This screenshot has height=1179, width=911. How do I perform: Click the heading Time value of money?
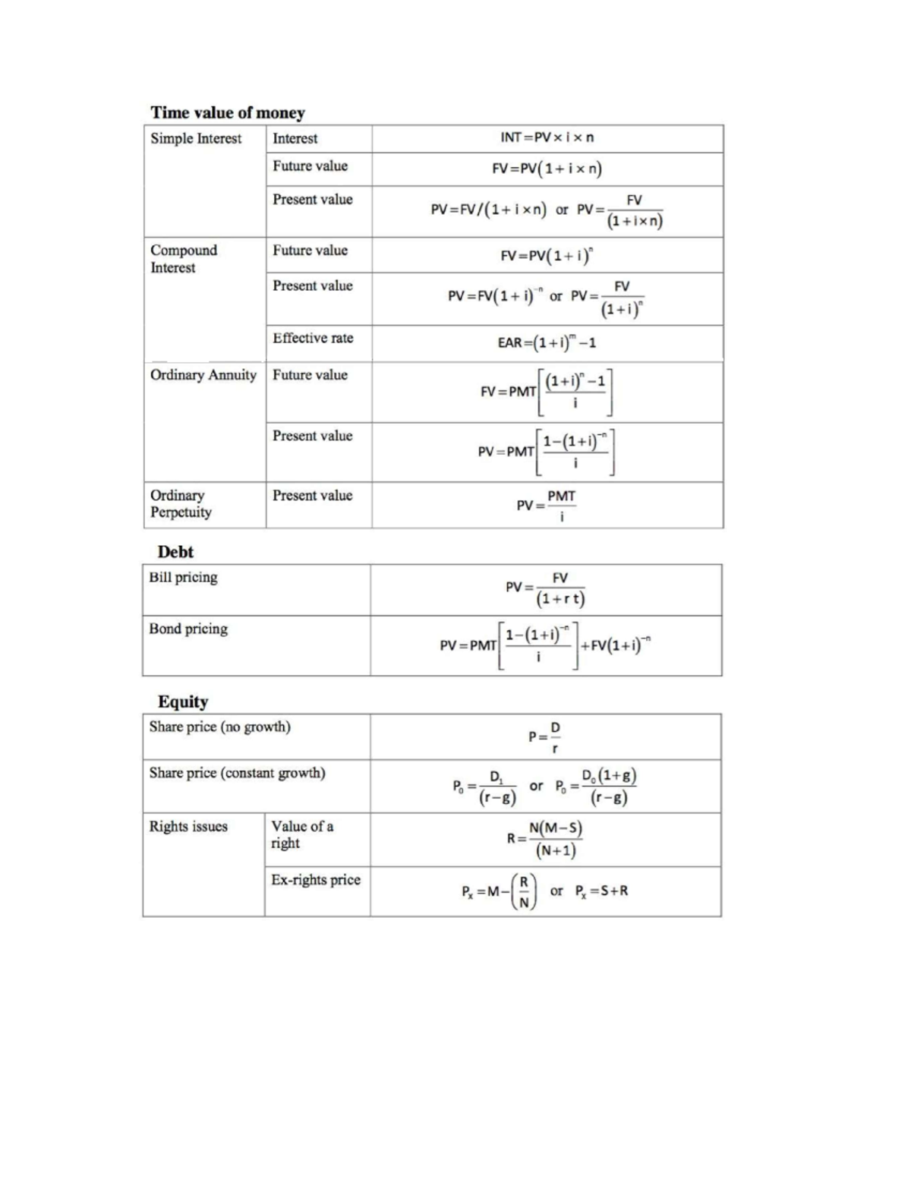(228, 113)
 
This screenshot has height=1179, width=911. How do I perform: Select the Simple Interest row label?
(196, 139)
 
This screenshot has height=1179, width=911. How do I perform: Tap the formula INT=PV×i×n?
(547, 137)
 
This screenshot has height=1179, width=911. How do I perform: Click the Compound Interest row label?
(184, 259)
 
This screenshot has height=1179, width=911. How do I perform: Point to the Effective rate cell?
(313, 339)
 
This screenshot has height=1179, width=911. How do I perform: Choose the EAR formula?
(547, 342)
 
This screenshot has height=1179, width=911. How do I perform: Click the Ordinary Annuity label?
(203, 375)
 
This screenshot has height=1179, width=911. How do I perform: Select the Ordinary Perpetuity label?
(181, 504)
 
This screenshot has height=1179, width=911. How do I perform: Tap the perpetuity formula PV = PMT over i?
(547, 506)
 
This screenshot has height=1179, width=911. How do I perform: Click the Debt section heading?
(175, 552)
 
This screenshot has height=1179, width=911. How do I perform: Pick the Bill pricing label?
(184, 578)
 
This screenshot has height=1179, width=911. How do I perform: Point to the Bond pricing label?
(188, 629)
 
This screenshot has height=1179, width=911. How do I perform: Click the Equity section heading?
(183, 701)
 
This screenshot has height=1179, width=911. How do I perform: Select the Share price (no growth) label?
(220, 727)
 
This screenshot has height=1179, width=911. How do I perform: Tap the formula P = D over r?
(545, 736)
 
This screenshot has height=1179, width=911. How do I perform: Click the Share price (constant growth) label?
(238, 774)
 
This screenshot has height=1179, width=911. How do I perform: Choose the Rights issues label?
(188, 827)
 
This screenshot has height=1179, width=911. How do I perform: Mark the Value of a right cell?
(302, 834)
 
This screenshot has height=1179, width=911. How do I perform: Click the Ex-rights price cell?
(316, 880)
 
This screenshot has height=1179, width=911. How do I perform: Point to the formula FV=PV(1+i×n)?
(547, 169)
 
